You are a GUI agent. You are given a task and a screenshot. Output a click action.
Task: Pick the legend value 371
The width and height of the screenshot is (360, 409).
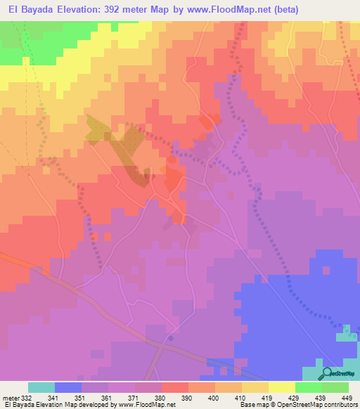[x=134, y=398]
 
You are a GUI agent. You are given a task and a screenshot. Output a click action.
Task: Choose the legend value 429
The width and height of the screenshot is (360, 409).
[x=293, y=398]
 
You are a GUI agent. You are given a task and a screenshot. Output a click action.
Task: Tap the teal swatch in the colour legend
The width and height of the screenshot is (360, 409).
[x=41, y=387]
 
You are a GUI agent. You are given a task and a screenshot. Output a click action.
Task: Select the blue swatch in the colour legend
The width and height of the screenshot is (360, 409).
[x=68, y=387]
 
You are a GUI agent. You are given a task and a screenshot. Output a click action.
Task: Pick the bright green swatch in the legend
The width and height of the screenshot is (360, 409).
[x=309, y=387]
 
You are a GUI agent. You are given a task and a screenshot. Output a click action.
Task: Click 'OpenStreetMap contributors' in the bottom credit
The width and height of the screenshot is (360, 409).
[x=325, y=405]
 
